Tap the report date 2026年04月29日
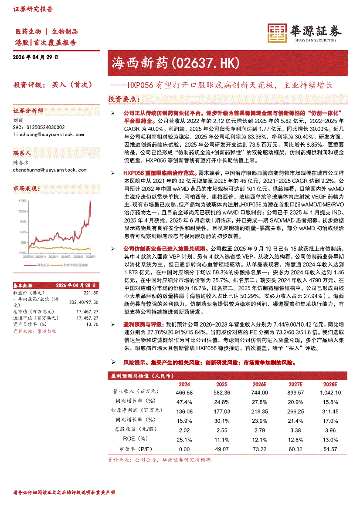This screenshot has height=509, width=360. pos(35,57)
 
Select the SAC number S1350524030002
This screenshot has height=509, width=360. pos(39,127)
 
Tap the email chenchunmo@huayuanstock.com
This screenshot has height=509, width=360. pos(48,168)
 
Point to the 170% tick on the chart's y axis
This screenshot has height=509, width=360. pos(22,201)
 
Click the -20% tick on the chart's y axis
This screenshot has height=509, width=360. pos(22,253)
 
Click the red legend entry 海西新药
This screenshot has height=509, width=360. pos(43,264)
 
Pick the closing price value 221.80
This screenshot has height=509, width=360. pos(90,293)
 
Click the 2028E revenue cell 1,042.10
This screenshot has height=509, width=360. pos(330,392)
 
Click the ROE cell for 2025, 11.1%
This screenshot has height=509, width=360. pos(222,439)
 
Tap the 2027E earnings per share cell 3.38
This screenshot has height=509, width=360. pos(295,430)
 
